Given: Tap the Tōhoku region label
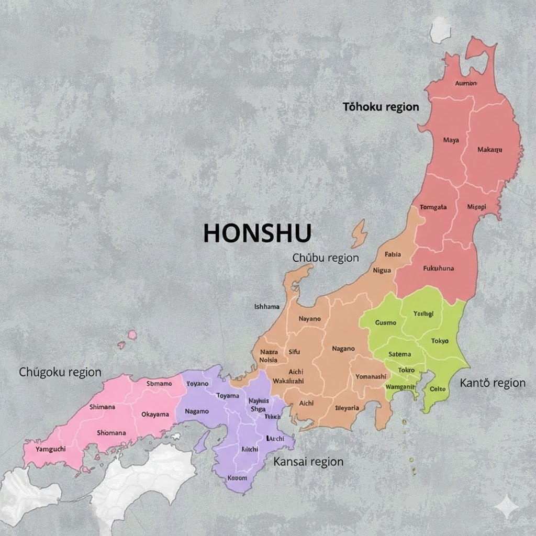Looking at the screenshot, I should pyautogui.click(x=381, y=107).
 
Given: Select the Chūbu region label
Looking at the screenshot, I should pyautogui.click(x=326, y=258).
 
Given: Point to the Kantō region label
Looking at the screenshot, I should pyautogui.click(x=493, y=383).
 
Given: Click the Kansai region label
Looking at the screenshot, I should pyautogui.click(x=308, y=462).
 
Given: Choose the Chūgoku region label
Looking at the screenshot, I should pyautogui.click(x=60, y=372).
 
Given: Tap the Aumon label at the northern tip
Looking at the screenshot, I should pyautogui.click(x=466, y=83).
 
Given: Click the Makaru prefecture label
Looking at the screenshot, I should pyautogui.click(x=490, y=150).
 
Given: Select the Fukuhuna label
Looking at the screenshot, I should pyautogui.click(x=438, y=269).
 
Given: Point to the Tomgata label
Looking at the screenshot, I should pyautogui.click(x=433, y=207).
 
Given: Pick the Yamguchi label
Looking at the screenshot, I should pyautogui.click(x=50, y=449).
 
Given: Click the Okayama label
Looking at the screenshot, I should pyautogui.click(x=155, y=415).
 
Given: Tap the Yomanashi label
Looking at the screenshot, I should pyautogui.click(x=371, y=376).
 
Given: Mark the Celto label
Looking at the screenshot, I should pyautogui.click(x=437, y=389).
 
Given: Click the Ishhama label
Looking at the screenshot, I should pyautogui.click(x=266, y=307).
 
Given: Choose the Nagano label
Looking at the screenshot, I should pyautogui.click(x=343, y=348).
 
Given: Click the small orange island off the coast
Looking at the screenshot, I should pyautogui.click(x=359, y=233).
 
